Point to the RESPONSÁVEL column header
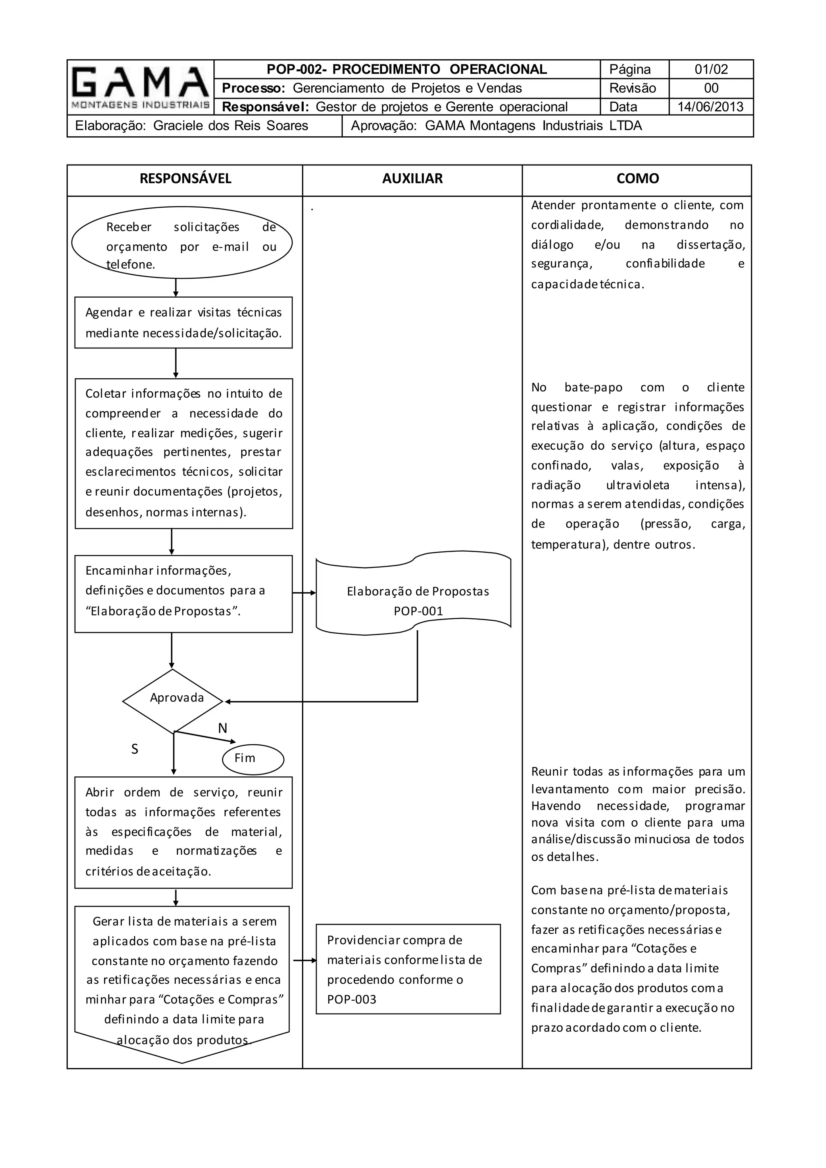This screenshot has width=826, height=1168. (x=185, y=179)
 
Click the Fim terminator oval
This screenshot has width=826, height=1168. (x=253, y=759)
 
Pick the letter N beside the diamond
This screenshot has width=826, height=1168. (x=222, y=728)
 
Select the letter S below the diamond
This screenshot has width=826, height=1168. (x=135, y=749)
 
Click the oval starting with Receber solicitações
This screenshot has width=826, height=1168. (x=181, y=243)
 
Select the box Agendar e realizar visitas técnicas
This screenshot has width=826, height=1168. (x=183, y=323)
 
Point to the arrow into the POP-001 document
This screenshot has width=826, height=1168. (x=304, y=592)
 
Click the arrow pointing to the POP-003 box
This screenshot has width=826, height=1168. (x=305, y=960)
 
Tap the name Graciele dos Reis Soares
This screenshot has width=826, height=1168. (x=230, y=126)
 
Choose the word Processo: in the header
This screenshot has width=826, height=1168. (x=253, y=88)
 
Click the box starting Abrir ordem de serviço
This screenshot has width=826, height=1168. (x=183, y=832)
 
